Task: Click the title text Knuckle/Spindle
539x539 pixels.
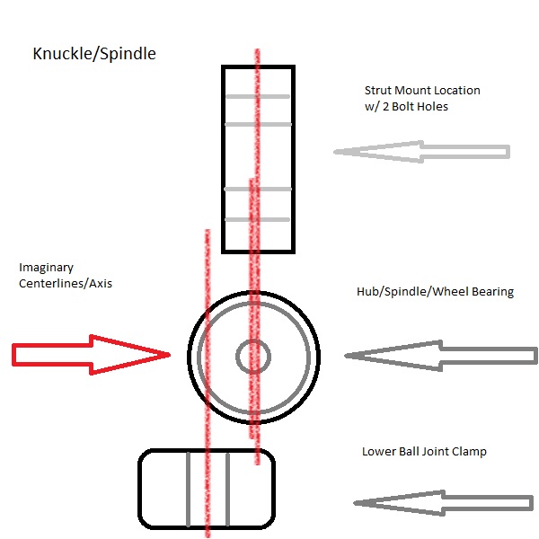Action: pos(94,54)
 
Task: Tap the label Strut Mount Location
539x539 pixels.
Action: pos(422,91)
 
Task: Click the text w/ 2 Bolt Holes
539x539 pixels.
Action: pos(406,107)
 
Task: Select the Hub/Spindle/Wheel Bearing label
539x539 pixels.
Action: pos(435,292)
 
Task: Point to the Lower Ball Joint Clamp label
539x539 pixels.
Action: pos(424,451)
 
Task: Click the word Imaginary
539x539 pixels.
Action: pos(46,268)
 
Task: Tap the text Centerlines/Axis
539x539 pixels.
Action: pos(66,284)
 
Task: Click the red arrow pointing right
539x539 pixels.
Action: pos(91,355)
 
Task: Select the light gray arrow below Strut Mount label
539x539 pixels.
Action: pos(422,152)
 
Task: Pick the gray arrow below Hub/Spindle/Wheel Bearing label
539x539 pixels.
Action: pos(441,356)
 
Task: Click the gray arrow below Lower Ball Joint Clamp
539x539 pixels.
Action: pos(444,503)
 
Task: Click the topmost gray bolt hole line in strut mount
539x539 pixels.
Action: pos(258,97)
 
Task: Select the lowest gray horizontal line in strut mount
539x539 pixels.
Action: pos(257,220)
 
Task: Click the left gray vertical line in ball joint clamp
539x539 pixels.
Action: pos(188,490)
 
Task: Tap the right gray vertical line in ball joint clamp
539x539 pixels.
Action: pos(227,490)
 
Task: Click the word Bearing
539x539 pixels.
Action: pos(493,292)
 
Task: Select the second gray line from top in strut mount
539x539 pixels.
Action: pos(258,125)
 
